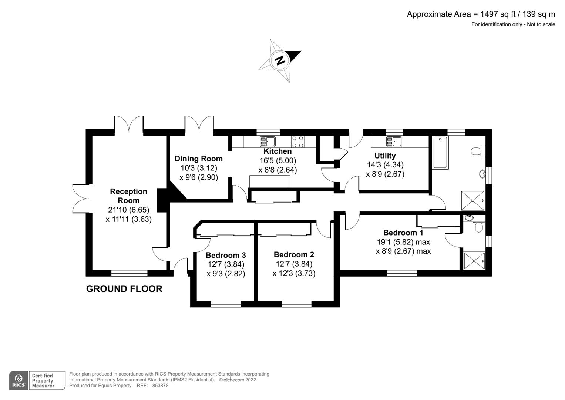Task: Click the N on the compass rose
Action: click(x=280, y=60)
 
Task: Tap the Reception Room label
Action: click(x=128, y=196)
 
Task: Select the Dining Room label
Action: click(x=199, y=159)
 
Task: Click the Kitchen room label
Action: click(x=278, y=151)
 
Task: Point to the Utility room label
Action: click(x=385, y=156)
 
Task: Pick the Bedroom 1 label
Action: click(x=403, y=233)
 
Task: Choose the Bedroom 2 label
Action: click(x=294, y=254)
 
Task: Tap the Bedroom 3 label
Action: click(x=226, y=255)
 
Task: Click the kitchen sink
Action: click(x=268, y=141)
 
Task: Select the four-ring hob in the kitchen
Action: click(x=298, y=141)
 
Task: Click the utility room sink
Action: click(x=394, y=141)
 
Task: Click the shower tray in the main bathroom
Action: click(x=472, y=201)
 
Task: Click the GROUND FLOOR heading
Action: click(x=124, y=289)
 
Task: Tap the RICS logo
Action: click(x=19, y=380)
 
